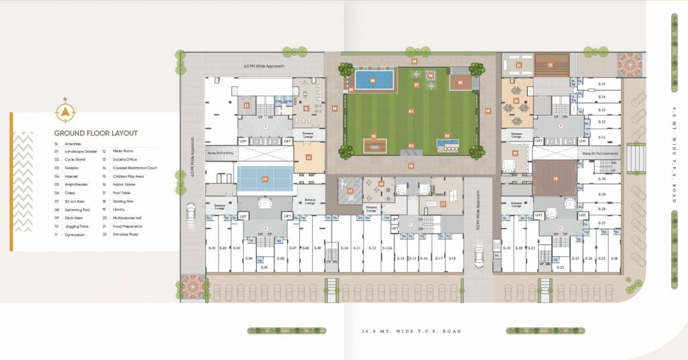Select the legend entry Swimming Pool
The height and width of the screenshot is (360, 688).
coord(77,210)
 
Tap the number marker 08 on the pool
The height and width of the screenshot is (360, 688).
coord(373,80)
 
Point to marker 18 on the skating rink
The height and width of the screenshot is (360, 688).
coord(556,179)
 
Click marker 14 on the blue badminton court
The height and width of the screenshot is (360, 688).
coord(265,179)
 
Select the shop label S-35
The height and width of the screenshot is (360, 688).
coord(602,84)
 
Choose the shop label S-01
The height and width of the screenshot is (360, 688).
coord(212,248)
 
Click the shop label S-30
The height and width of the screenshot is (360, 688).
coord(602,179)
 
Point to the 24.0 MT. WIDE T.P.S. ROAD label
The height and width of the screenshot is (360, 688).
coord(411,331)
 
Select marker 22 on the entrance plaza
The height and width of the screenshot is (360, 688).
coord(551,65)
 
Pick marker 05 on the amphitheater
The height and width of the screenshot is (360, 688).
coord(460,82)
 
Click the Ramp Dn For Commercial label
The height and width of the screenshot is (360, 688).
coord(600,153)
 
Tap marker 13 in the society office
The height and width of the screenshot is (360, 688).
coord(308,158)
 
